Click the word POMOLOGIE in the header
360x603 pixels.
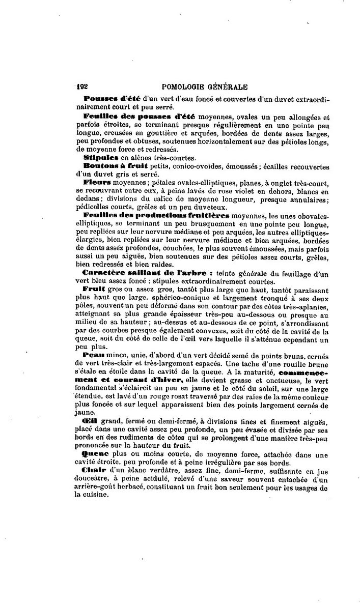(x=186, y=87)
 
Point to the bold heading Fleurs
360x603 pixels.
(x=97, y=182)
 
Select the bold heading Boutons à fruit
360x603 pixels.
(x=115, y=166)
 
